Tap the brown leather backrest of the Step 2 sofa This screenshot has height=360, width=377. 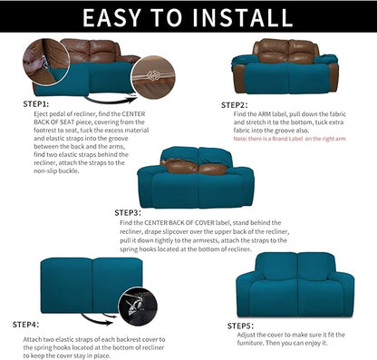(x=284, y=52)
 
